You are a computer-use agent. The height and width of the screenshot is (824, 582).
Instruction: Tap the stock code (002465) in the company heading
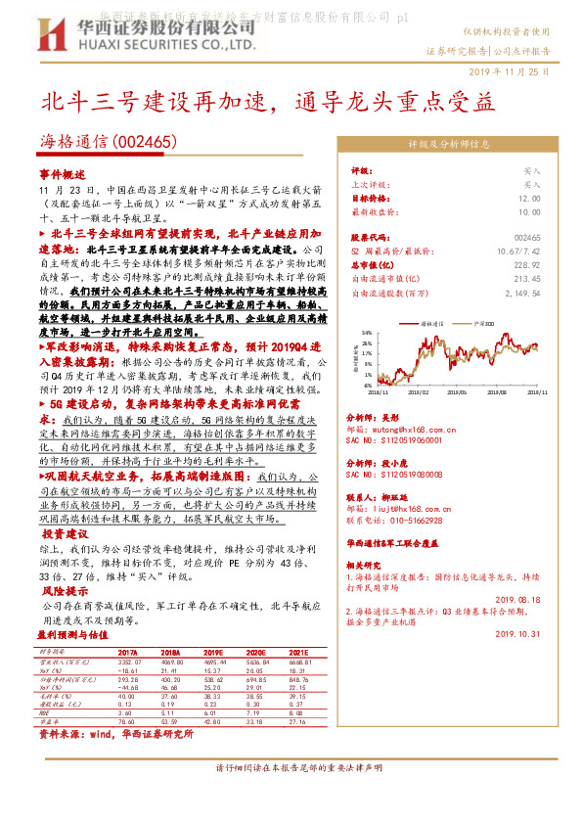(145, 142)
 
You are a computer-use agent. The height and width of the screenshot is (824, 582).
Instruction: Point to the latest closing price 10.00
(528, 210)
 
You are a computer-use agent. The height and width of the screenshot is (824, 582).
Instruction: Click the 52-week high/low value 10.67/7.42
(519, 252)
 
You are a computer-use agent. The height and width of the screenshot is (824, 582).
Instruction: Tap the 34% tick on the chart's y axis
(368, 332)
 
